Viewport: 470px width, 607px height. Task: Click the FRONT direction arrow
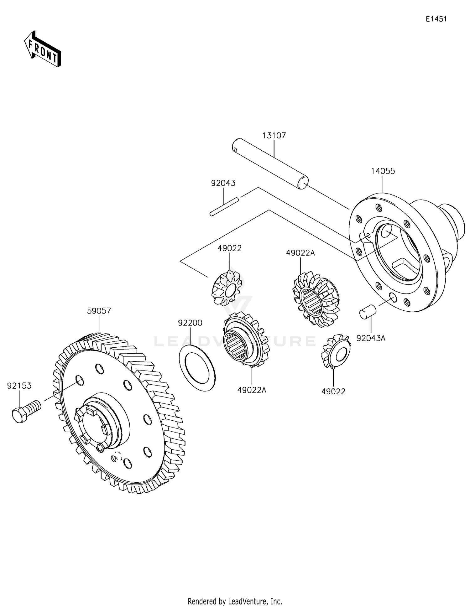point(43,49)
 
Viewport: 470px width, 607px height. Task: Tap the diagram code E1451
point(436,19)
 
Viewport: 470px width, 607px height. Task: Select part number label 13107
point(274,136)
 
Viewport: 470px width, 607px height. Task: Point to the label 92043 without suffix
point(223,183)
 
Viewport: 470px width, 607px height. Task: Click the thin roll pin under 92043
point(224,207)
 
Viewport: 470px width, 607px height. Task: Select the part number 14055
point(383,171)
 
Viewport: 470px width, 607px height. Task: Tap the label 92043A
point(371,338)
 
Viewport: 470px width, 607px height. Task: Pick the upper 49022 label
point(230,248)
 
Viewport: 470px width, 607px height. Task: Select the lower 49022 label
point(333,392)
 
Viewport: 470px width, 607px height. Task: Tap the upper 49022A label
point(300,253)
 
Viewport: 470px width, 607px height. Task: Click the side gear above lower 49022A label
point(246,340)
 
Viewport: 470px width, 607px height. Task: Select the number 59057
point(99,311)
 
